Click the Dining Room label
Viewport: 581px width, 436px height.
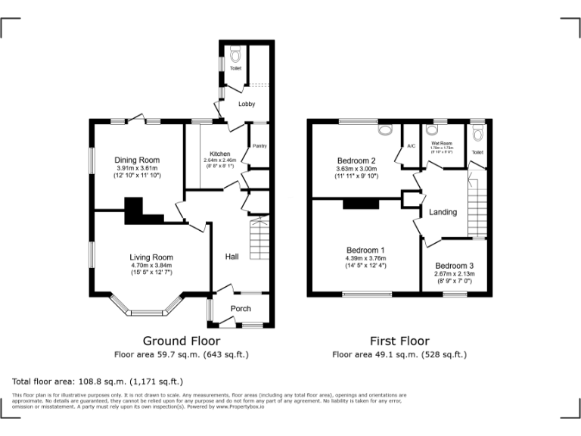click(137, 160)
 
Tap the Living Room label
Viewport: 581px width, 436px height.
click(151, 257)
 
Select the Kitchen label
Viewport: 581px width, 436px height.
click(219, 154)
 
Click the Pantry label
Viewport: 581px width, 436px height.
click(259, 146)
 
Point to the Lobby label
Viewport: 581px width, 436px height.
click(247, 104)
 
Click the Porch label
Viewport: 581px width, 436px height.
click(241, 308)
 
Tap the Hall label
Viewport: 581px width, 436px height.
click(231, 257)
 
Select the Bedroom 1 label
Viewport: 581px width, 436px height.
click(365, 250)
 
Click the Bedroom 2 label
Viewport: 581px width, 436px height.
click(356, 160)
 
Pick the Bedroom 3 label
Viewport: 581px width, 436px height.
click(455, 265)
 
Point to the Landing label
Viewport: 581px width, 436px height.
click(443, 212)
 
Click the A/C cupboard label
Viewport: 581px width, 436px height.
click(412, 145)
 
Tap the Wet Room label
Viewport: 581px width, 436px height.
click(442, 142)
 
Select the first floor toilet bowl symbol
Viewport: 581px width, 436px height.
click(477, 134)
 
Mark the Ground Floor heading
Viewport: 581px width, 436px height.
click(182, 341)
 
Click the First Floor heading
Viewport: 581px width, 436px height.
click(399, 341)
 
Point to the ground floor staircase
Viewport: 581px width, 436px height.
click(259, 237)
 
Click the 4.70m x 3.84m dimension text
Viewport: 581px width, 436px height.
click(151, 266)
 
